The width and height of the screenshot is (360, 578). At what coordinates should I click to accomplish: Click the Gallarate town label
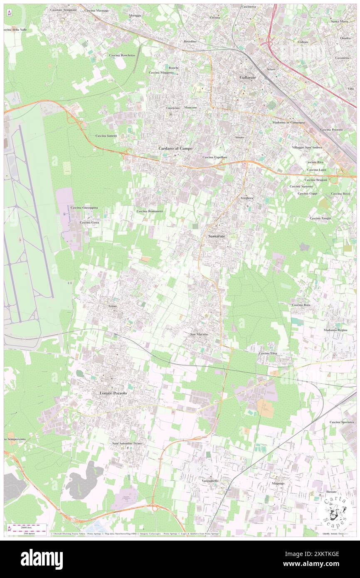point(248,78)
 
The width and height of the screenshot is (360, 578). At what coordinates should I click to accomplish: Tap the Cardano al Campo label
point(175,148)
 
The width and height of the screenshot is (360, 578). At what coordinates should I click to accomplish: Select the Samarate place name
point(216,236)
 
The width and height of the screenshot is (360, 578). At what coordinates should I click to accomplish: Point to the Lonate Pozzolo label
point(113,393)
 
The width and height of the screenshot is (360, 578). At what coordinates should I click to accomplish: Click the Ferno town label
point(113,306)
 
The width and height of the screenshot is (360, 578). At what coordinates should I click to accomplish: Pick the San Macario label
point(199,334)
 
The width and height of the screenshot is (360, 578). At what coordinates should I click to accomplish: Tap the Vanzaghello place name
point(210,481)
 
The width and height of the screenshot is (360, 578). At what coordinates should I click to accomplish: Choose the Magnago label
point(278,484)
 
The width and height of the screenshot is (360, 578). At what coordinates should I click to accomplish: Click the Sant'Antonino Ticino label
point(127,444)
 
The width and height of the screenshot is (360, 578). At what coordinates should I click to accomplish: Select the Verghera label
point(247,198)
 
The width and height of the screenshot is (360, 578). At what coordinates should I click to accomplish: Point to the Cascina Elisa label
point(268,353)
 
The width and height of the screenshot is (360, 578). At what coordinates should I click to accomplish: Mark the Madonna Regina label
point(335,330)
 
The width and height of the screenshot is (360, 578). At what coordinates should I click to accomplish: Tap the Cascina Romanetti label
point(150,211)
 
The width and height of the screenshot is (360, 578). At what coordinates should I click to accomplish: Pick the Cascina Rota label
point(301,305)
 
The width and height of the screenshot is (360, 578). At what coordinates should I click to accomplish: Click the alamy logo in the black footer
point(42,559)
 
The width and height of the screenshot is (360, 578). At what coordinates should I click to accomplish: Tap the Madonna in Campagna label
point(289,123)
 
